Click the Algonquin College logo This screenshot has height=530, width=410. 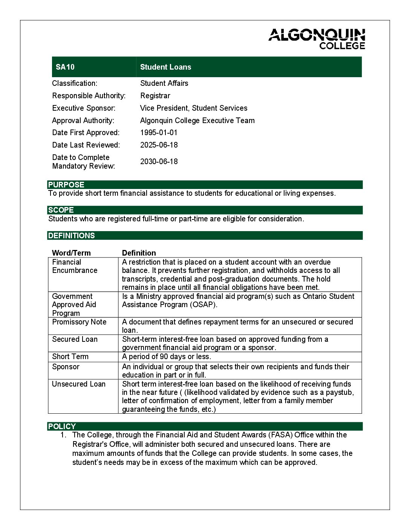317,39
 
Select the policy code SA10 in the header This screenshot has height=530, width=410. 65,67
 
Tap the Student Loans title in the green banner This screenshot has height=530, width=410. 165,67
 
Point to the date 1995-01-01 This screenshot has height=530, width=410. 159,132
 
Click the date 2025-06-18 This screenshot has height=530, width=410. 159,145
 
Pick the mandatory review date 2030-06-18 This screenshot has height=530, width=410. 159,161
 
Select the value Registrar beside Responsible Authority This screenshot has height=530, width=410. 155,96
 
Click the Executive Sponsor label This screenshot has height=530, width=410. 84,108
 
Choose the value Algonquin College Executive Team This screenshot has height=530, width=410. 197,120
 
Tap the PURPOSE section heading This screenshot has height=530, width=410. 66,184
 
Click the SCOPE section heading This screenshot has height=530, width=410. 61,210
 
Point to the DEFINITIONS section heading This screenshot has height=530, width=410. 72,236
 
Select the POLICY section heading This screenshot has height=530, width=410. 62,426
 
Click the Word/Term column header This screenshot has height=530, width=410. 71,253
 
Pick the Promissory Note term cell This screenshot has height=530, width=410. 79,322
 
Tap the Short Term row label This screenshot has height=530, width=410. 70,356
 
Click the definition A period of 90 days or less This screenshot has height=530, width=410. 166,356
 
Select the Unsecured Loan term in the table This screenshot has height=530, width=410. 79,384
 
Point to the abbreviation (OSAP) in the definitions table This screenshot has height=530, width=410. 203,305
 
